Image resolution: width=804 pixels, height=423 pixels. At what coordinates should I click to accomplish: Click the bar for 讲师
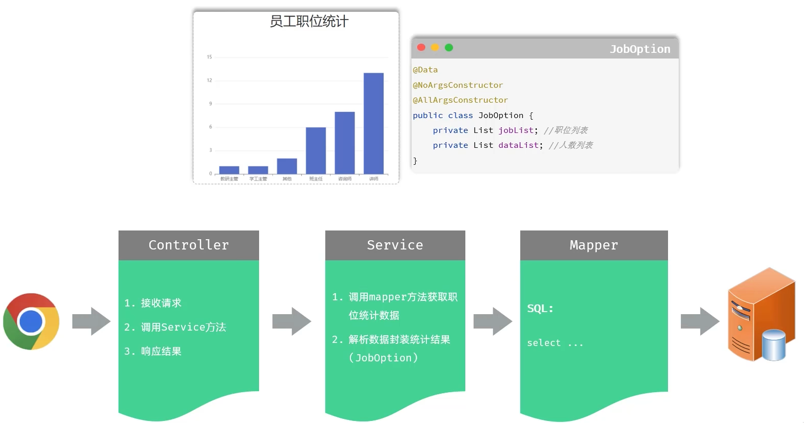[374, 123]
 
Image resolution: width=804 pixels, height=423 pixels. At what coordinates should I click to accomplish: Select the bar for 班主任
[316, 150]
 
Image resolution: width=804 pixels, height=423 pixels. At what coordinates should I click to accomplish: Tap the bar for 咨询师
[345, 143]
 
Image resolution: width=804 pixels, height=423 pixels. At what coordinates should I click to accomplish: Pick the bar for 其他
[287, 166]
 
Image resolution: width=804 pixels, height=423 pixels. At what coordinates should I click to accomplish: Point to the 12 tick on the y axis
[209, 81]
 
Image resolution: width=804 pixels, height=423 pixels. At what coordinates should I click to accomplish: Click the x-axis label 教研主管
[229, 179]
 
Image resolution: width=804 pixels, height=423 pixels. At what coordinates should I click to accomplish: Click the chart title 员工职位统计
[309, 22]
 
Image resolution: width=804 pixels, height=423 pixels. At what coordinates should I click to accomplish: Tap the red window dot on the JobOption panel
[421, 48]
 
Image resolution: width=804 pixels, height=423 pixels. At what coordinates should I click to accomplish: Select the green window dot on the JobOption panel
[449, 48]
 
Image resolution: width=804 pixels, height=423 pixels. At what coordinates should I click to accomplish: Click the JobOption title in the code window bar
[640, 49]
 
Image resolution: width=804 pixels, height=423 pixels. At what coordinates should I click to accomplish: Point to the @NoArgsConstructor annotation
[458, 85]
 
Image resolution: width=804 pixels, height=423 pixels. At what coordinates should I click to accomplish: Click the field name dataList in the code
[518, 145]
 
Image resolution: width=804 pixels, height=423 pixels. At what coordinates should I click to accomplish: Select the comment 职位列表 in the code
[571, 130]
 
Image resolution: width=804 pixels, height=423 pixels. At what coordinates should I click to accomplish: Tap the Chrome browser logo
[31, 321]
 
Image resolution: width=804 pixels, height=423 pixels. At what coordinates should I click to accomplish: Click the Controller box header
[189, 245]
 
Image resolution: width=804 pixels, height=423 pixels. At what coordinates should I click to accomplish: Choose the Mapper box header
[594, 245]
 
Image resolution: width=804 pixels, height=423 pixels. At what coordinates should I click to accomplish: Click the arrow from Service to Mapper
[493, 321]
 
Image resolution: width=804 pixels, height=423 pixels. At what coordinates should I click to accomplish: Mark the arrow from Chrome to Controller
[91, 321]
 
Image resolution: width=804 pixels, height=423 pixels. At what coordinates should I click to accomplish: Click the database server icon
[761, 314]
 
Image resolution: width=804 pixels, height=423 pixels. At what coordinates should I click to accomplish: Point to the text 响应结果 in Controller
[161, 352]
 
